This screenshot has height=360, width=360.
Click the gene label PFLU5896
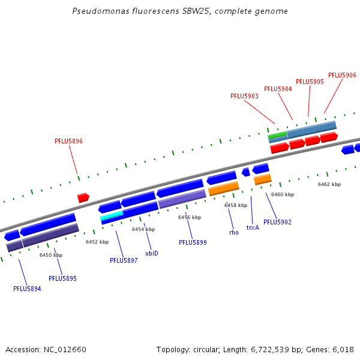tap(68, 142)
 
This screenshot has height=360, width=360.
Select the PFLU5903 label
tap(244, 96)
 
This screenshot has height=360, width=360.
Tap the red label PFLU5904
tap(278, 89)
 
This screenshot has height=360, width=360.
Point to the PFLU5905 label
tap(310, 82)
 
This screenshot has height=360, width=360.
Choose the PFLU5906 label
tap(342, 75)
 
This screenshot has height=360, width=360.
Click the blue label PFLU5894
tap(27, 289)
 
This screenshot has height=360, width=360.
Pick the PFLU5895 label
tap(62, 278)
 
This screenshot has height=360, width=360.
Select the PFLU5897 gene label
tap(124, 260)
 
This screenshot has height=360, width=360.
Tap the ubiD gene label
tap(152, 253)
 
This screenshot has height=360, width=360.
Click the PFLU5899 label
tap(193, 242)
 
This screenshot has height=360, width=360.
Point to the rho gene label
tap(234, 232)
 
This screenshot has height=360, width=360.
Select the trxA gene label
tap(253, 227)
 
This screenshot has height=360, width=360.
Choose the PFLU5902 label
tap(277, 222)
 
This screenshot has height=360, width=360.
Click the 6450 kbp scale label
tap(51, 255)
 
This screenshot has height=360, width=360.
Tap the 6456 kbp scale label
tap(190, 217)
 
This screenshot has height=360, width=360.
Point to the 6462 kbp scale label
tap(329, 184)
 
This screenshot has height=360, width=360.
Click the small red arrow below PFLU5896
tap(83, 197)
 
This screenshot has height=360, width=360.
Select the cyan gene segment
tap(112, 215)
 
